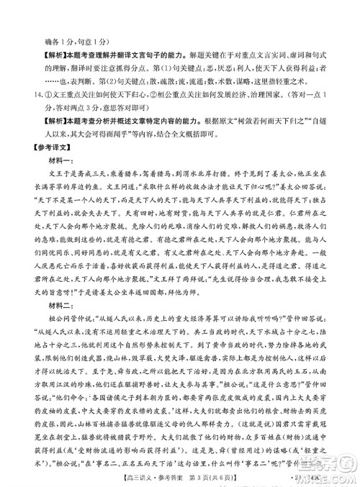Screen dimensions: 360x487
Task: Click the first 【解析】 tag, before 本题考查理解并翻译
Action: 42,34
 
